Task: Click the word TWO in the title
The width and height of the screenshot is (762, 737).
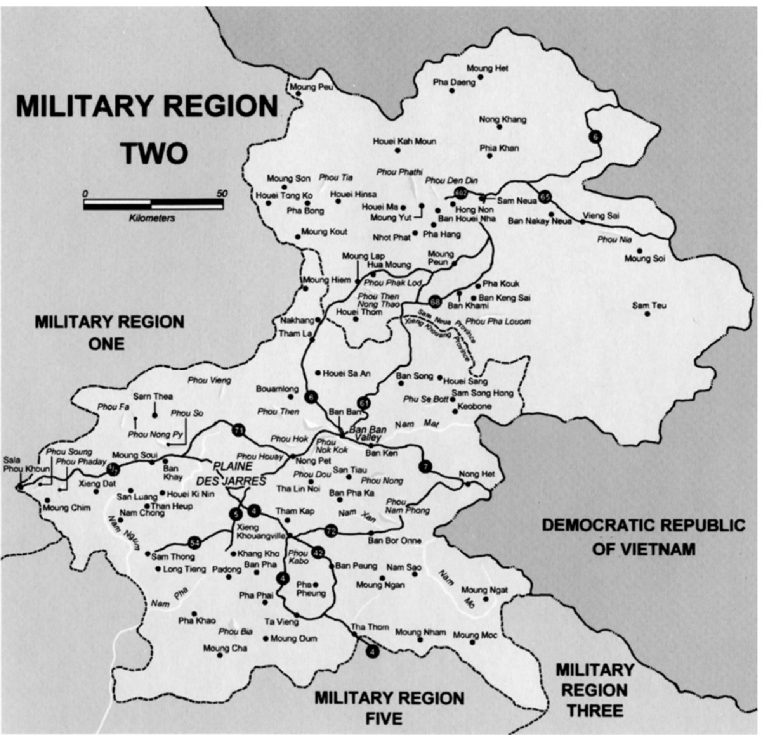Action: pos(155,154)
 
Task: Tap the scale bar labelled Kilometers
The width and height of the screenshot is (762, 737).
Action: pos(153,204)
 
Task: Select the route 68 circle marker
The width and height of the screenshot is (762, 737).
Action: pos(436,301)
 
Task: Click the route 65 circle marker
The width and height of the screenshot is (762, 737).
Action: pos(545,197)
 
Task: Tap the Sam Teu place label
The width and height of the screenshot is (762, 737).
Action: pos(649,306)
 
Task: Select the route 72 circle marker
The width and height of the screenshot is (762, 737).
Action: pos(331,531)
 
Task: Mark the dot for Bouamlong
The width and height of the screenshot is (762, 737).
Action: pos(290,397)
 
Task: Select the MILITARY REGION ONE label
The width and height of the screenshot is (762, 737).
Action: pos(109,333)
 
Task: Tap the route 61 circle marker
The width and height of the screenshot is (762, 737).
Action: pos(363,404)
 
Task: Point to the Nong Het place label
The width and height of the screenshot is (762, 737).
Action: pos(477,474)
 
